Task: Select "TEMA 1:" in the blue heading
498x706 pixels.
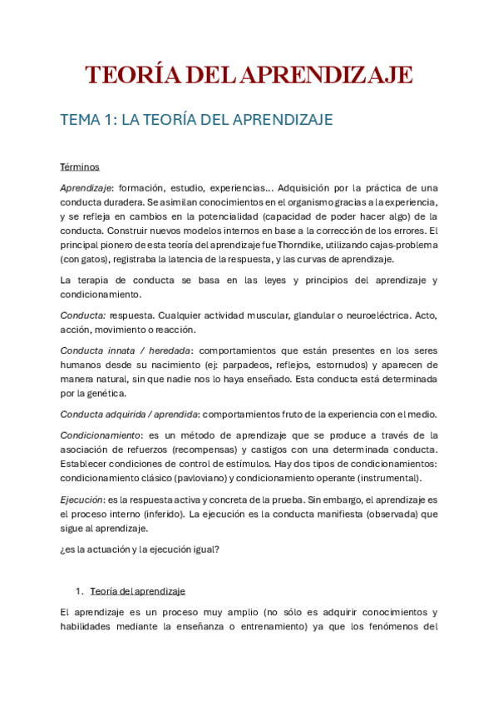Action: tap(87, 120)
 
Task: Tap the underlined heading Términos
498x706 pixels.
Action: tap(80, 167)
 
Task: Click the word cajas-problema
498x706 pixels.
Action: tap(402, 246)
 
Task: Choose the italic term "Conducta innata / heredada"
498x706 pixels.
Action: tap(126, 351)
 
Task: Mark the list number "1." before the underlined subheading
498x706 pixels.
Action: tap(80, 590)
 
